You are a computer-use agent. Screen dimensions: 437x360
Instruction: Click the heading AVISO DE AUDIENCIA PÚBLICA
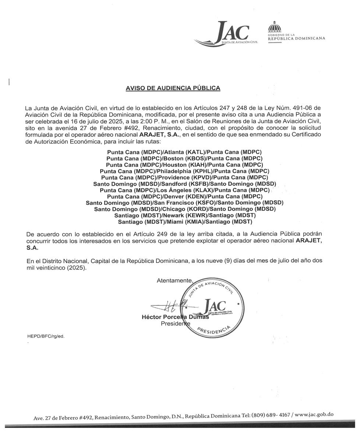(173, 88)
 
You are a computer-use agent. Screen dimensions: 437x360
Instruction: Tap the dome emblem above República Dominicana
(274, 26)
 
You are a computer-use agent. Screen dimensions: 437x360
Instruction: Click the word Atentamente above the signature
(174, 280)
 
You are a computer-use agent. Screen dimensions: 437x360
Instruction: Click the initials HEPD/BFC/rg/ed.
(46, 336)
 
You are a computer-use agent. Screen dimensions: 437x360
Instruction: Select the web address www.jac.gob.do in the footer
(314, 415)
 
